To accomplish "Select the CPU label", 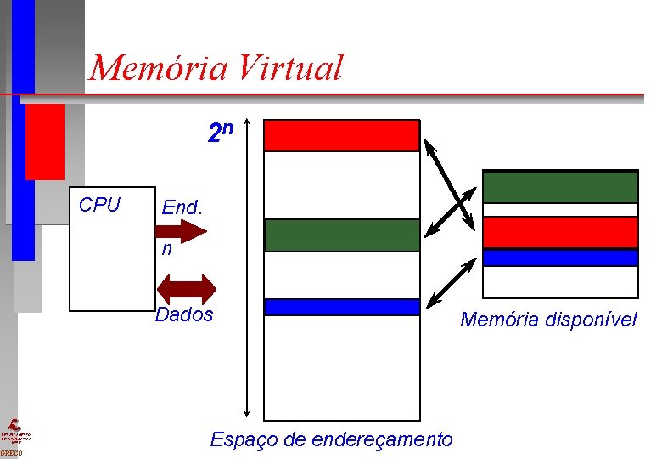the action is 99,205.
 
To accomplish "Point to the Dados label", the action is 184,314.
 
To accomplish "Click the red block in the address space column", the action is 341,135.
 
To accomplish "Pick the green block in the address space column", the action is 341,235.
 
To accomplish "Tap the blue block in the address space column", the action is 341,307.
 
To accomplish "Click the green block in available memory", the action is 559,187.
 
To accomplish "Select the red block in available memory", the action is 559,232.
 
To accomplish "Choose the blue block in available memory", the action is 559,258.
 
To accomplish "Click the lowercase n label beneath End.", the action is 167,250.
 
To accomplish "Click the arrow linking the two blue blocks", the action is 450,281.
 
